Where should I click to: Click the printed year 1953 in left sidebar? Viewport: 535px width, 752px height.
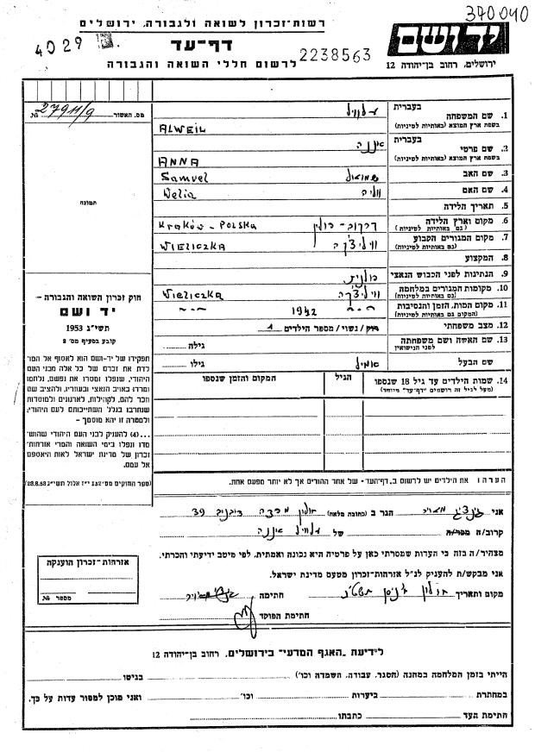74,328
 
